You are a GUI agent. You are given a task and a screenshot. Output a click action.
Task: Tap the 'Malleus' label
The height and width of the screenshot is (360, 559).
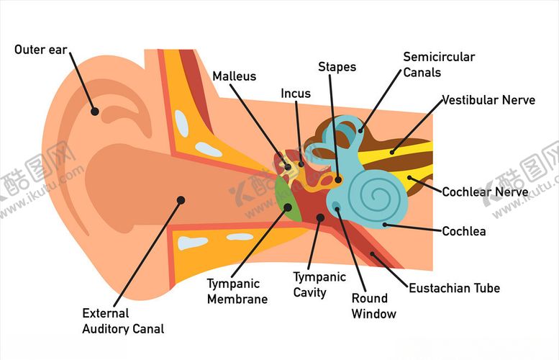234,76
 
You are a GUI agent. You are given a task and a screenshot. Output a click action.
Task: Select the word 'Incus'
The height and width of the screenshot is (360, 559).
296,94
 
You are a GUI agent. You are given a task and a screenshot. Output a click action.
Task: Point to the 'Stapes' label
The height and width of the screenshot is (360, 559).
337,67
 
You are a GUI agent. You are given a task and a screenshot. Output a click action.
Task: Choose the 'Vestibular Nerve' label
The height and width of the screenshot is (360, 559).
488,100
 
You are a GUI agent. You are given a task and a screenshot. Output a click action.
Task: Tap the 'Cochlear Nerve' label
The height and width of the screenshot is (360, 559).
485,192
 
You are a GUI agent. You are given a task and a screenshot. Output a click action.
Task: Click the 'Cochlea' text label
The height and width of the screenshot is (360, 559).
463,231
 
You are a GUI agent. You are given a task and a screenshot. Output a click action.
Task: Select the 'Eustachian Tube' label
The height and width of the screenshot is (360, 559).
454,288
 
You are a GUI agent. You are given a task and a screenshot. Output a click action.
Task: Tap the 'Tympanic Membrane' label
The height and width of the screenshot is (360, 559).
237,292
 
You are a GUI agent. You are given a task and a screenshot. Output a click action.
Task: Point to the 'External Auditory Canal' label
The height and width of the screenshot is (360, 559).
123,321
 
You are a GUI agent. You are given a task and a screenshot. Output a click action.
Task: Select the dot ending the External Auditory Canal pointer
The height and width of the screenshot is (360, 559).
181,199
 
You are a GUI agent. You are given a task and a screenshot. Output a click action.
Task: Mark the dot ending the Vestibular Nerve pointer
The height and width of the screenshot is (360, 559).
392,151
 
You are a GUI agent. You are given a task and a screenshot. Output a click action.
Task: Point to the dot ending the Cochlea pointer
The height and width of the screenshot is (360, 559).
386,225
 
